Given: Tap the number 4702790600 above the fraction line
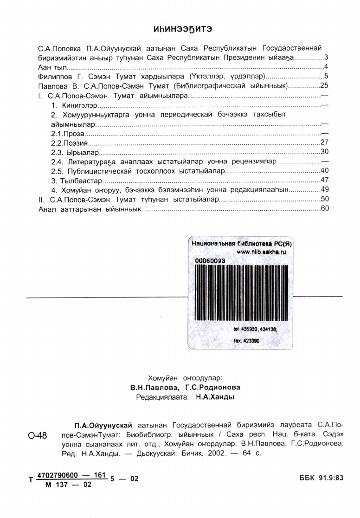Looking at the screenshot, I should click(x=58, y=475).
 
